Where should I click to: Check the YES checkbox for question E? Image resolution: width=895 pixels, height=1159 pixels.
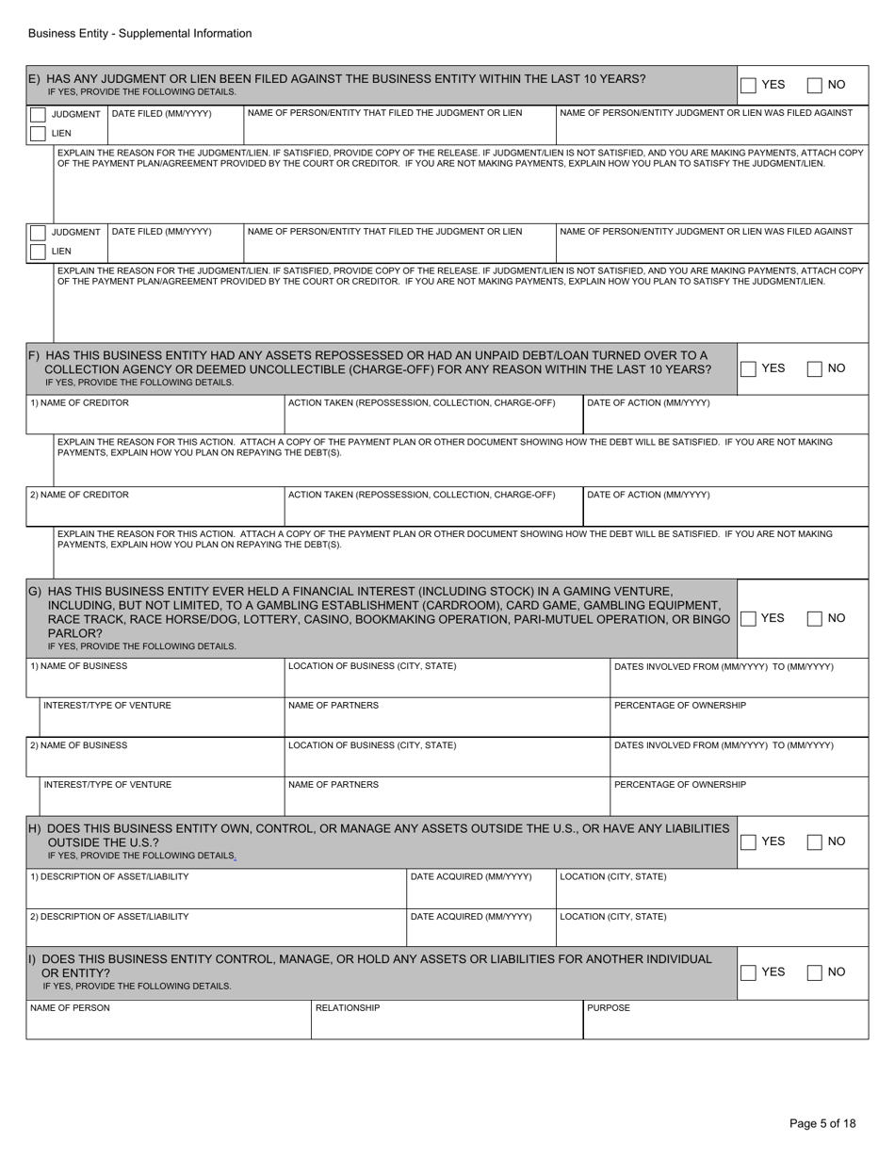click(x=748, y=86)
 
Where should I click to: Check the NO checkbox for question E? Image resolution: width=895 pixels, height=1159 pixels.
click(x=815, y=86)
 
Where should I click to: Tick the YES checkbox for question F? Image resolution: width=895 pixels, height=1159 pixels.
click(x=748, y=369)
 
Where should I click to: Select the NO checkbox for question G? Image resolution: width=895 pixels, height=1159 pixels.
click(x=815, y=619)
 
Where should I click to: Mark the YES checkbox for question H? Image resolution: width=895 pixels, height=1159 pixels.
click(x=748, y=841)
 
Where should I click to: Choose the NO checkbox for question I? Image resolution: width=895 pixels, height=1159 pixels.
click(x=815, y=972)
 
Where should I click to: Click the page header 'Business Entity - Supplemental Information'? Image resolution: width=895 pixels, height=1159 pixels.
click(x=139, y=34)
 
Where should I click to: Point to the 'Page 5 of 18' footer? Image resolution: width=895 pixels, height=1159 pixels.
click(x=822, y=1123)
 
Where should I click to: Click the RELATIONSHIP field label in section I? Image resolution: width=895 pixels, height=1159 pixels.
click(x=348, y=1008)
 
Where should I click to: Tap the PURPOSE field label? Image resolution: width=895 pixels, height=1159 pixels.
click(x=609, y=1008)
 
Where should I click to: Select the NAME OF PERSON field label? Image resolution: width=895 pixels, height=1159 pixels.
click(x=70, y=1008)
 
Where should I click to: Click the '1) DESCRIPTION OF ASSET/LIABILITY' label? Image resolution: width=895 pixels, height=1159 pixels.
click(x=109, y=877)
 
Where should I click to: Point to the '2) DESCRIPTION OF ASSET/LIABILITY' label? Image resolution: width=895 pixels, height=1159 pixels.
click(x=109, y=916)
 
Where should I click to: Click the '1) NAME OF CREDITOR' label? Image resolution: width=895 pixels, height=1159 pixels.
click(x=79, y=403)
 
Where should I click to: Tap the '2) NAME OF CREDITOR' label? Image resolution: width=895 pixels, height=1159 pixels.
click(x=79, y=495)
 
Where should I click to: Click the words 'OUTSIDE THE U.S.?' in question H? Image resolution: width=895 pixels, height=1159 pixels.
click(x=103, y=841)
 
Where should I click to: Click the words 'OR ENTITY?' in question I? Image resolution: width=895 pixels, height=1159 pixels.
click(x=76, y=972)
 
